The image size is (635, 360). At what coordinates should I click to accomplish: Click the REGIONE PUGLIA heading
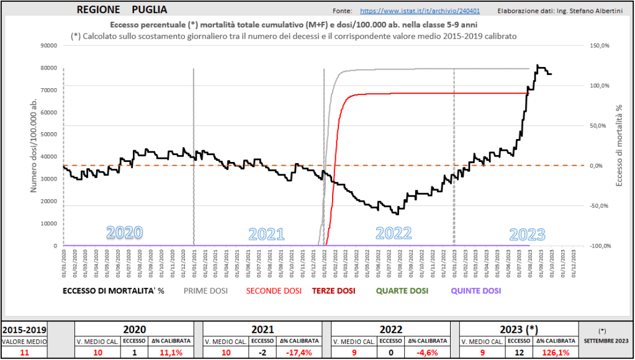click(x=122, y=10)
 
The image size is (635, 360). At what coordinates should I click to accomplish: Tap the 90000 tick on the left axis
click(x=49, y=45)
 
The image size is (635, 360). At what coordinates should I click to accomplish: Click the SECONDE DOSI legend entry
click(x=274, y=290)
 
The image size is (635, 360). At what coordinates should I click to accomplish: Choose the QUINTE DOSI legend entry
click(x=475, y=290)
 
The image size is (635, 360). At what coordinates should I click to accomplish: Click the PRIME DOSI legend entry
click(x=206, y=290)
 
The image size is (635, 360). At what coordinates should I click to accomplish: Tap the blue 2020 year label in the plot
click(x=124, y=233)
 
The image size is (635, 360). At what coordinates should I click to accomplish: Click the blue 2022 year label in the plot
click(x=394, y=233)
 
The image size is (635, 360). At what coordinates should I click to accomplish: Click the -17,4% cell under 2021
click(x=299, y=353)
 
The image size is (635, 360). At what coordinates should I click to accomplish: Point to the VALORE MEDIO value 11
click(x=24, y=353)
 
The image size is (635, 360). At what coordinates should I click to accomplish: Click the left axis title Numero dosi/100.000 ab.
click(x=34, y=145)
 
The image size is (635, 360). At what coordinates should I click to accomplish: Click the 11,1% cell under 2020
click(x=171, y=353)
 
